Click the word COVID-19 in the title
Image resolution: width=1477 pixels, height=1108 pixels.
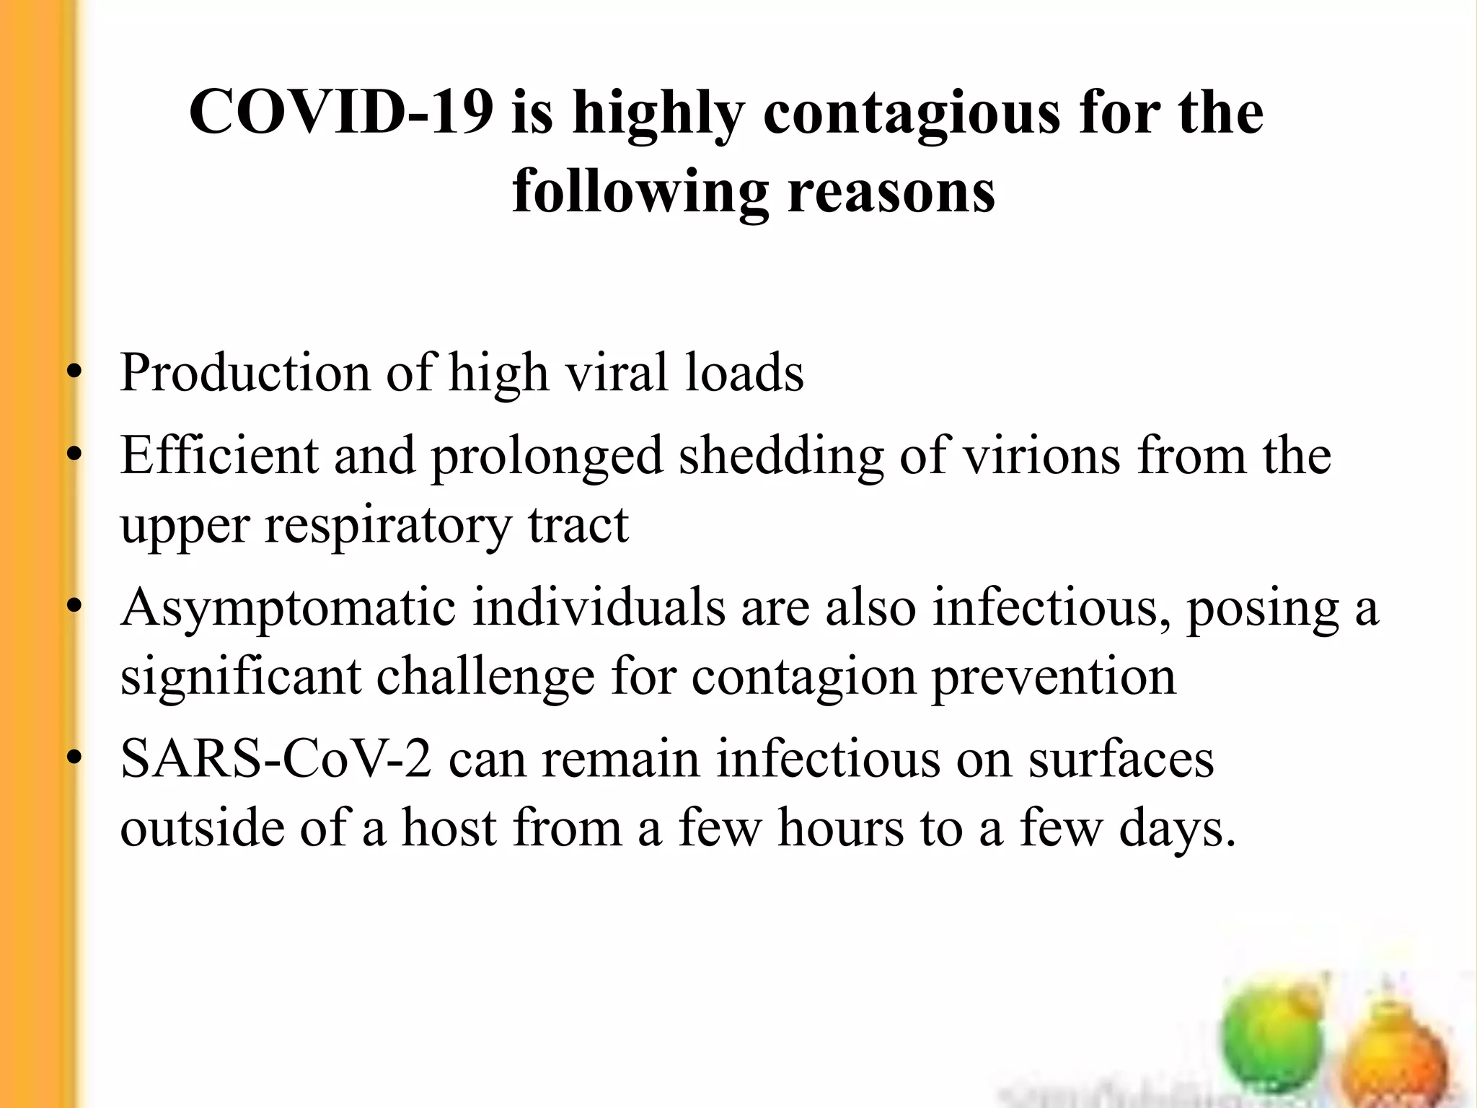point(340,113)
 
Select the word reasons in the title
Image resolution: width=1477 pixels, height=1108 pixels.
point(891,193)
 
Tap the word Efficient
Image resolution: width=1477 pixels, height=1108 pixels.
point(219,456)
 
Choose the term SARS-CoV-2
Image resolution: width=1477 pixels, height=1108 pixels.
point(276,760)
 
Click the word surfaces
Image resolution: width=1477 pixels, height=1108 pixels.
point(1121,760)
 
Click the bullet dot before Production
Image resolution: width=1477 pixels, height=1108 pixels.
point(73,374)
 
